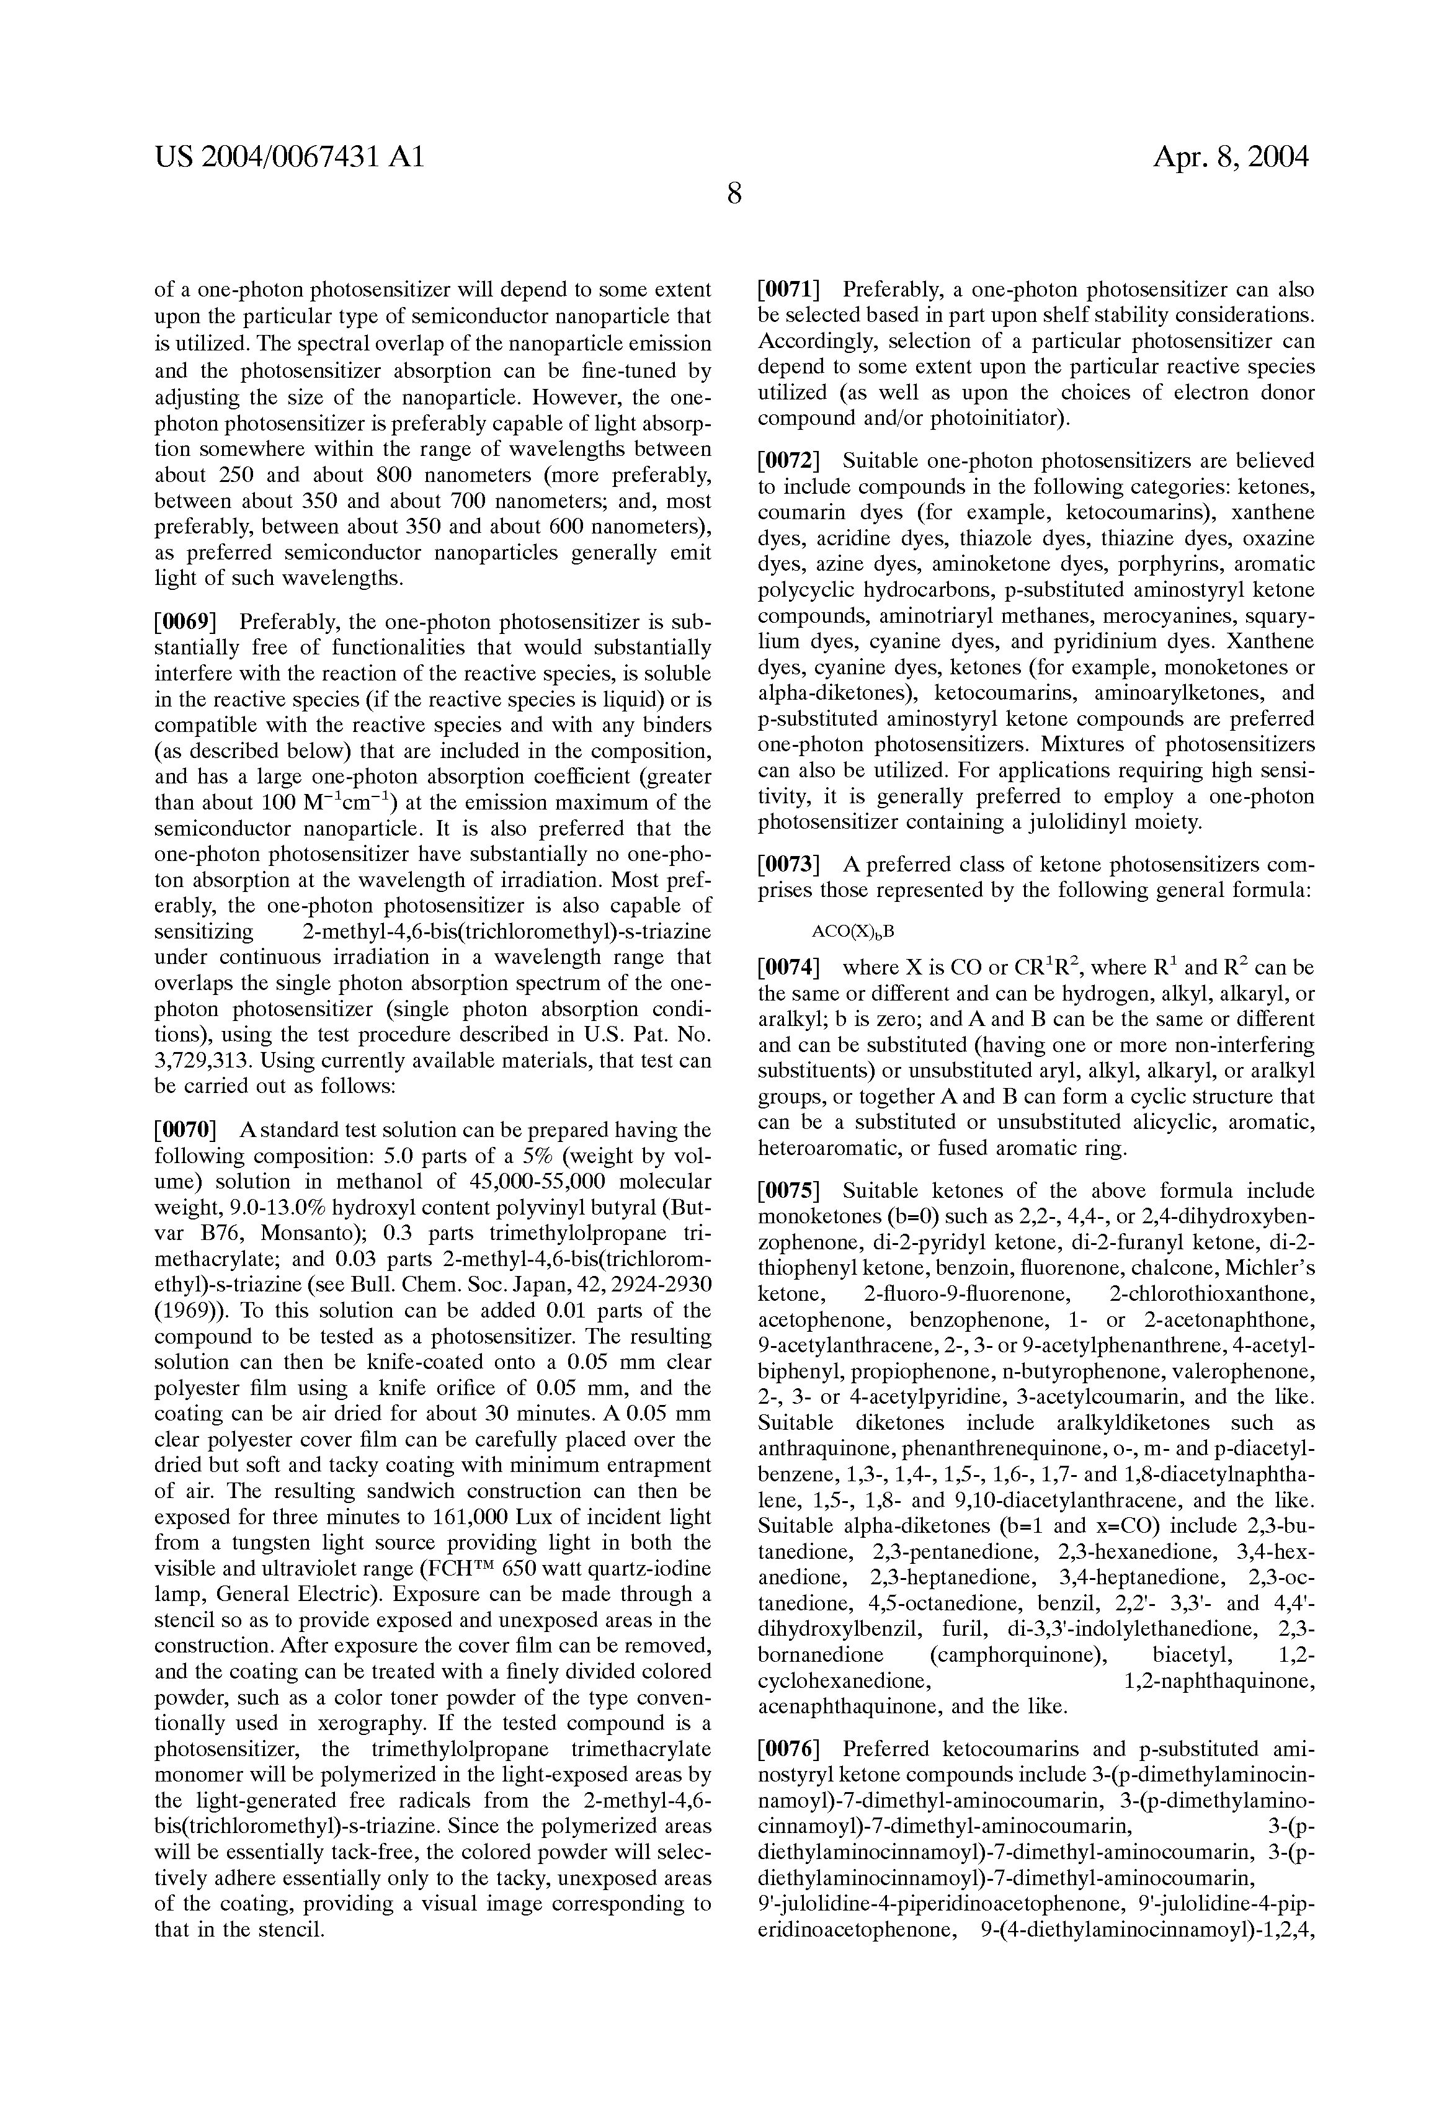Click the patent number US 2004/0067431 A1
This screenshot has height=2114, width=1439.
[x=289, y=158]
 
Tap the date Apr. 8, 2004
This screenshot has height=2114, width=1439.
[x=1231, y=158]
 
